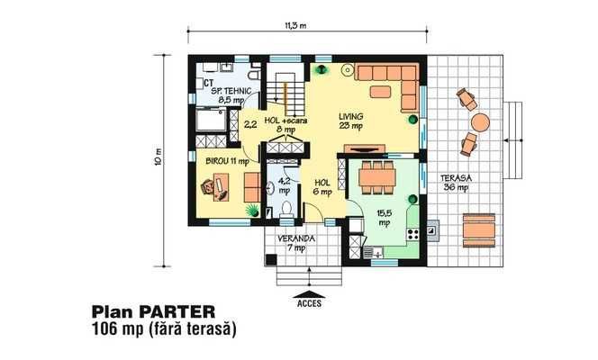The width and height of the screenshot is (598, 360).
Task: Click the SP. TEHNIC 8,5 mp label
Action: click(x=229, y=97)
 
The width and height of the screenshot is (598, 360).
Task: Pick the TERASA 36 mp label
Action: click(x=454, y=183)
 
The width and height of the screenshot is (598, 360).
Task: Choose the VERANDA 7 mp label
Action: click(x=295, y=243)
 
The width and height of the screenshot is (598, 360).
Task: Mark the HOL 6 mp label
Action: click(x=322, y=186)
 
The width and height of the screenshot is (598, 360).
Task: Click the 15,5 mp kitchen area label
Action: click(x=384, y=217)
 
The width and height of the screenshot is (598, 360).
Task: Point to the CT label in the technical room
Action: click(x=207, y=67)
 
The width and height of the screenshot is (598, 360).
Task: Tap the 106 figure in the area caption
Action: click(x=105, y=330)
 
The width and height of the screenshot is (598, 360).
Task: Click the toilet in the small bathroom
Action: click(x=285, y=210)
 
